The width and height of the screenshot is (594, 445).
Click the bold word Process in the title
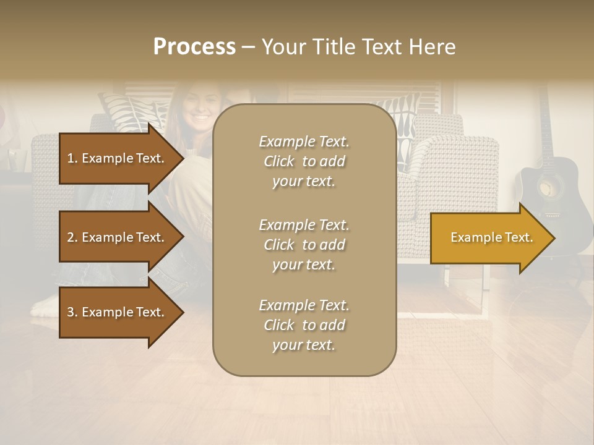[x=194, y=47]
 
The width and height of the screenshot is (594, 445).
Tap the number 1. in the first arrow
[x=72, y=158]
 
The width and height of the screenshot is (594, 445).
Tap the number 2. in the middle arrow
[x=72, y=237]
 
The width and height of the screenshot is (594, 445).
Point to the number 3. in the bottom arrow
[x=72, y=312]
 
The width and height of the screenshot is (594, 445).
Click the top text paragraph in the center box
[x=304, y=161]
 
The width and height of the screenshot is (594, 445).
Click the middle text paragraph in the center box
[x=304, y=245]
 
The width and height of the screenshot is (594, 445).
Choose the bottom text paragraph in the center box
[x=304, y=325]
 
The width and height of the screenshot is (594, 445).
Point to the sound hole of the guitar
[x=548, y=189]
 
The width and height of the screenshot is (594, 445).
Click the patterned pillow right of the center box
[x=408, y=121]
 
